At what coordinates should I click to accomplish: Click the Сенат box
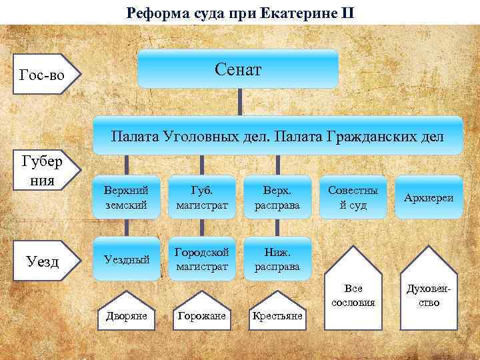(x=238, y=69)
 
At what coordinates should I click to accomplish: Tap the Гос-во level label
(x=43, y=75)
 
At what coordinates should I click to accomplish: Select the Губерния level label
(x=41, y=171)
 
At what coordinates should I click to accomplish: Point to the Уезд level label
(x=41, y=261)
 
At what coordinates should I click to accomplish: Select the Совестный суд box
(x=353, y=198)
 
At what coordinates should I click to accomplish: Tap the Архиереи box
(x=428, y=198)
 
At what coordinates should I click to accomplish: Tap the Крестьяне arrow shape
(x=277, y=312)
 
